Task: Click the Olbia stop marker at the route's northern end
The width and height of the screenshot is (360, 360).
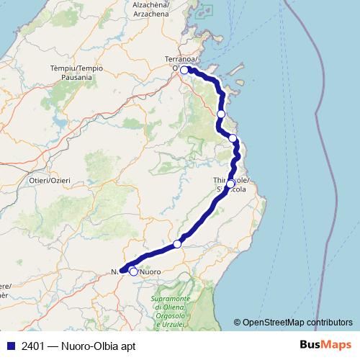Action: coord(184,70)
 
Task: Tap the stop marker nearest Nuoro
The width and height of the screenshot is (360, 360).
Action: coord(133,271)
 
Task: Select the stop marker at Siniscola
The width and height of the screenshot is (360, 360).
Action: coord(230,184)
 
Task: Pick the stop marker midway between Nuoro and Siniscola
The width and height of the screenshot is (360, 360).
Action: coord(177,244)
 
